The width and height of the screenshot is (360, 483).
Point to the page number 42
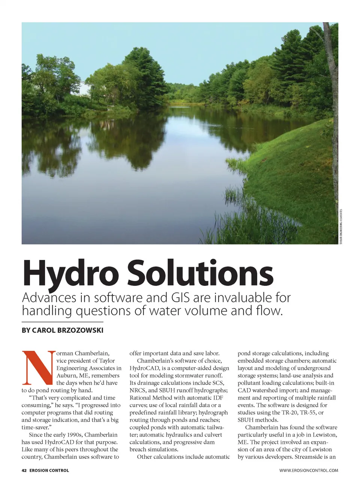(24, 470)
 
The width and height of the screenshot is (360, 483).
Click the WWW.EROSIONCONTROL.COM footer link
(308, 470)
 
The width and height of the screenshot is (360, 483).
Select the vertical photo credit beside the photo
(341, 227)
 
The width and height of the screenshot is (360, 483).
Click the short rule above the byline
(62, 322)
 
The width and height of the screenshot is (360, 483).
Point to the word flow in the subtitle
(271, 311)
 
